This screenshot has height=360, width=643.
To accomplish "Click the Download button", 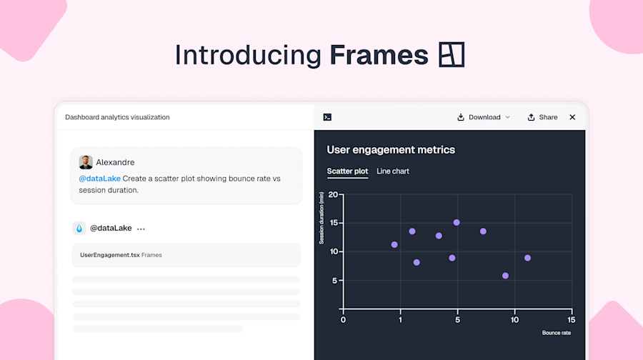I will (484, 117).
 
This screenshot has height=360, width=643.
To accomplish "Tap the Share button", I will (542, 117).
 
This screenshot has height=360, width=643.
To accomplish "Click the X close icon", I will (572, 117).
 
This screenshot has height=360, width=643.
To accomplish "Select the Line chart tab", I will (393, 171).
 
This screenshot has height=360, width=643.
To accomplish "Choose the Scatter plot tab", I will (347, 171).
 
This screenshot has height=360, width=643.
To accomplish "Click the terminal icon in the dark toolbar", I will (327, 117).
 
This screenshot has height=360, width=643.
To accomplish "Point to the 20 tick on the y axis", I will (333, 194).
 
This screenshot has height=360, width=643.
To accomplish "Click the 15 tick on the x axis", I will (571, 319).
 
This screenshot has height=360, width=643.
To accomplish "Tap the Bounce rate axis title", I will (556, 333).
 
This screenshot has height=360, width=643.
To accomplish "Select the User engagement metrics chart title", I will (391, 150).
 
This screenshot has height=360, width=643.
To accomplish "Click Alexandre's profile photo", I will (86, 162).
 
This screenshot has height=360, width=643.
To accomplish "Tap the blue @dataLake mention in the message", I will (99, 179).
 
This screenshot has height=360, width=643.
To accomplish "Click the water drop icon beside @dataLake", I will (79, 229).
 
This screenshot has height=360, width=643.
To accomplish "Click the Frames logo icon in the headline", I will (452, 55).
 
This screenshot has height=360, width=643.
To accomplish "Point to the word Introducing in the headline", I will (248, 55).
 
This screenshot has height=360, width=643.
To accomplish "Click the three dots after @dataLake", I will (141, 229).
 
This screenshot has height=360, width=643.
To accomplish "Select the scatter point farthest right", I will (527, 258).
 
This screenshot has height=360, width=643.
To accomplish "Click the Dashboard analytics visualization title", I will (117, 117).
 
